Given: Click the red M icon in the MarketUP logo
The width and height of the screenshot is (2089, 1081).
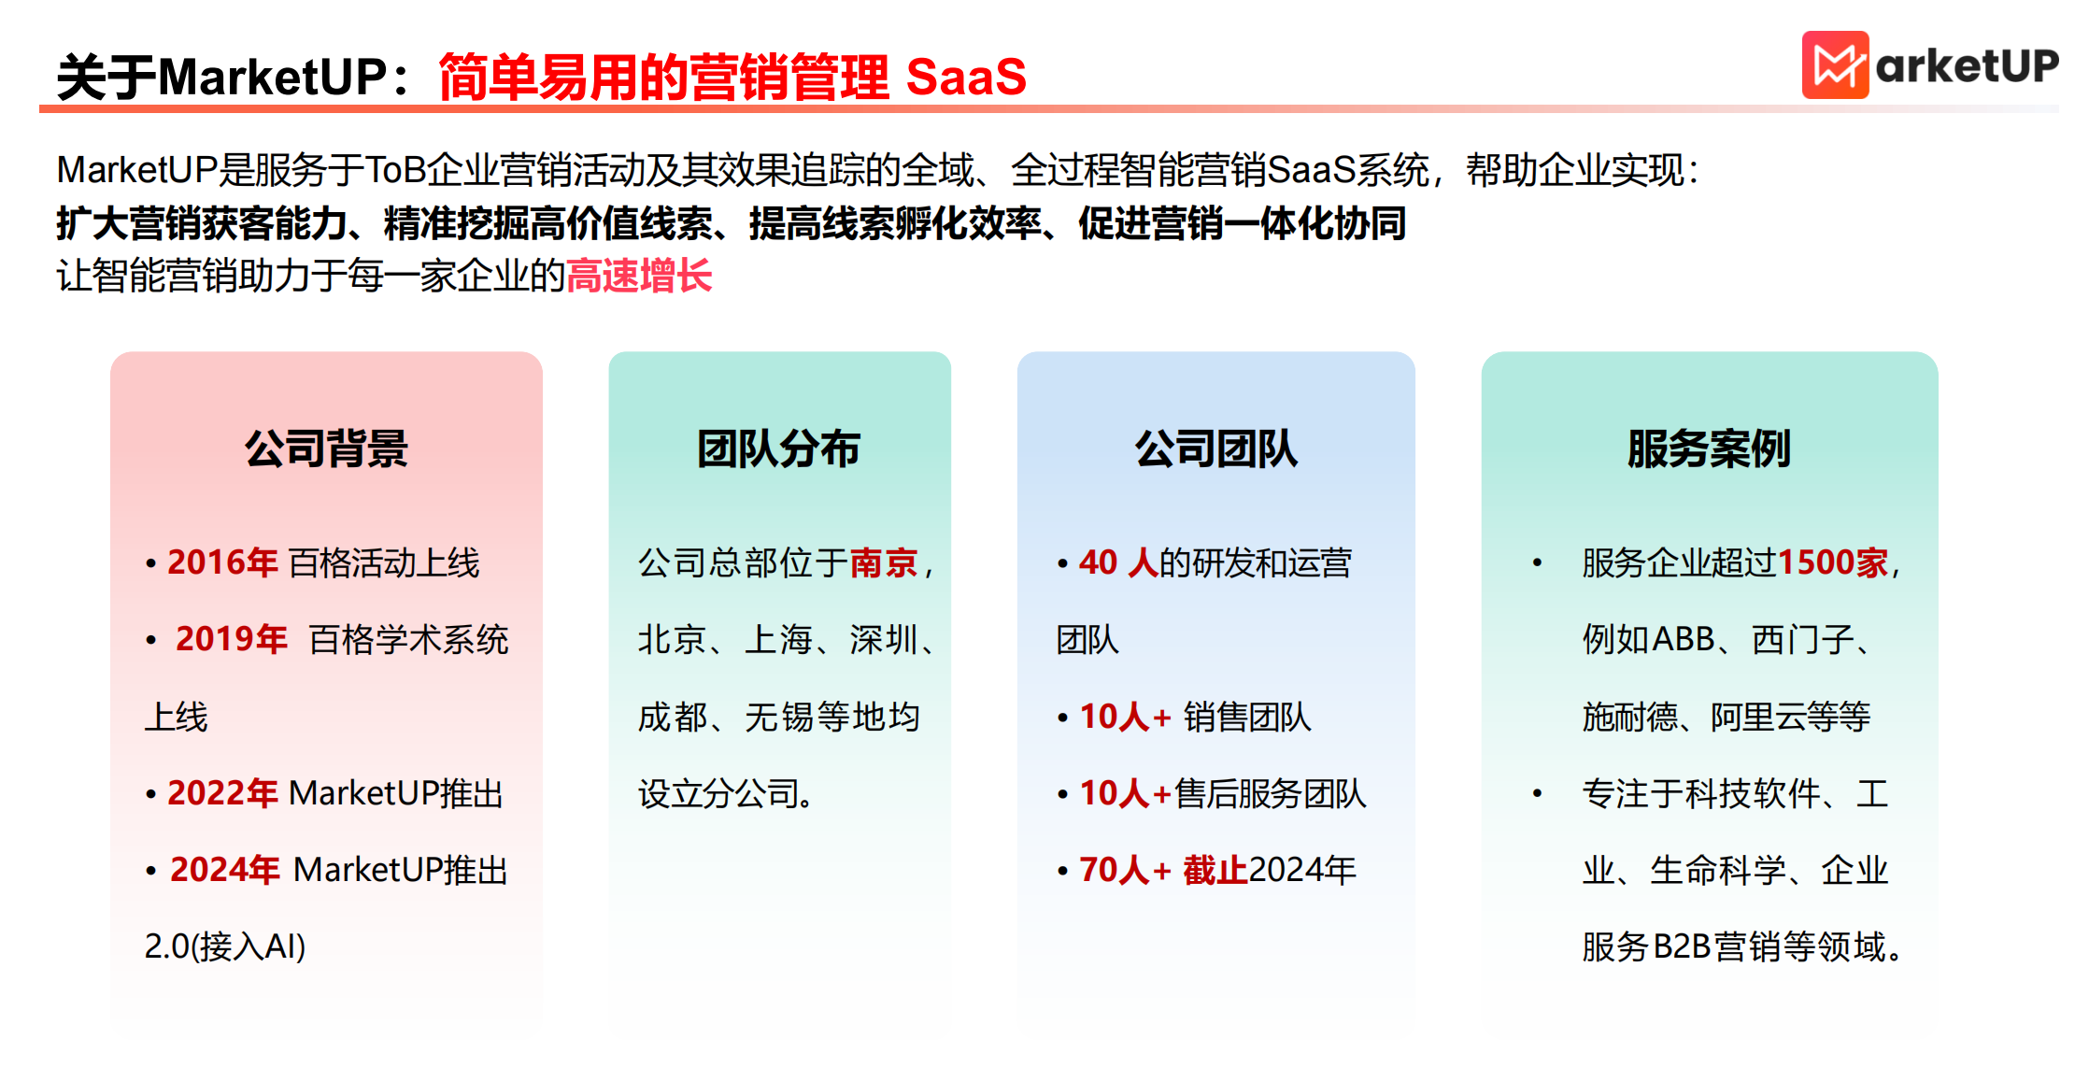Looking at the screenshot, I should (x=1834, y=65).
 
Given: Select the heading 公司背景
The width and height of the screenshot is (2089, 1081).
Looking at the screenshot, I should (x=326, y=448).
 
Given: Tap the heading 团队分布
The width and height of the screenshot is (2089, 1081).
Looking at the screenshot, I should (x=778, y=448).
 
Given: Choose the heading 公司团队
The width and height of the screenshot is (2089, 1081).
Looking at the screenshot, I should (x=1215, y=448).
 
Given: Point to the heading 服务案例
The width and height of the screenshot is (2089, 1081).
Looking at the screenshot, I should (x=1709, y=448).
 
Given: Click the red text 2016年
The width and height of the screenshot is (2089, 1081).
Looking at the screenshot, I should (x=222, y=562).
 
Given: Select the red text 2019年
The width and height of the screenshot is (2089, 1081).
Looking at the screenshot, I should (x=231, y=639).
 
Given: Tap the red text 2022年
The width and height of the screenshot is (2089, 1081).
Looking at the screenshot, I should (x=222, y=793).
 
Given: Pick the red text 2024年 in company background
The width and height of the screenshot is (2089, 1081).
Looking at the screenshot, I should (x=224, y=870).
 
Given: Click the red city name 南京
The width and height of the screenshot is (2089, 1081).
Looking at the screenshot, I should (x=884, y=562).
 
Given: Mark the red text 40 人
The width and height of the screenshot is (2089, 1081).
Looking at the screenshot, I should (x=1117, y=562).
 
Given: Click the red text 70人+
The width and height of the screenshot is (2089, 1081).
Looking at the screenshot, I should (x=1125, y=870).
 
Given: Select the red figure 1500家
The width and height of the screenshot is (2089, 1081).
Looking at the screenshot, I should (x=1832, y=562).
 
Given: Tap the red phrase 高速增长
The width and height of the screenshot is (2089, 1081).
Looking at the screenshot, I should (x=639, y=277).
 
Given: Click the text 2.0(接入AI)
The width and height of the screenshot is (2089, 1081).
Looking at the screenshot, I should (x=225, y=946).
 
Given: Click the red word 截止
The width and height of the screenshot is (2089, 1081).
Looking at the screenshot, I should (x=1215, y=870).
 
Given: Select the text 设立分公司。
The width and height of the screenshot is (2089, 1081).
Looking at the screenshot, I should (x=726, y=793).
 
